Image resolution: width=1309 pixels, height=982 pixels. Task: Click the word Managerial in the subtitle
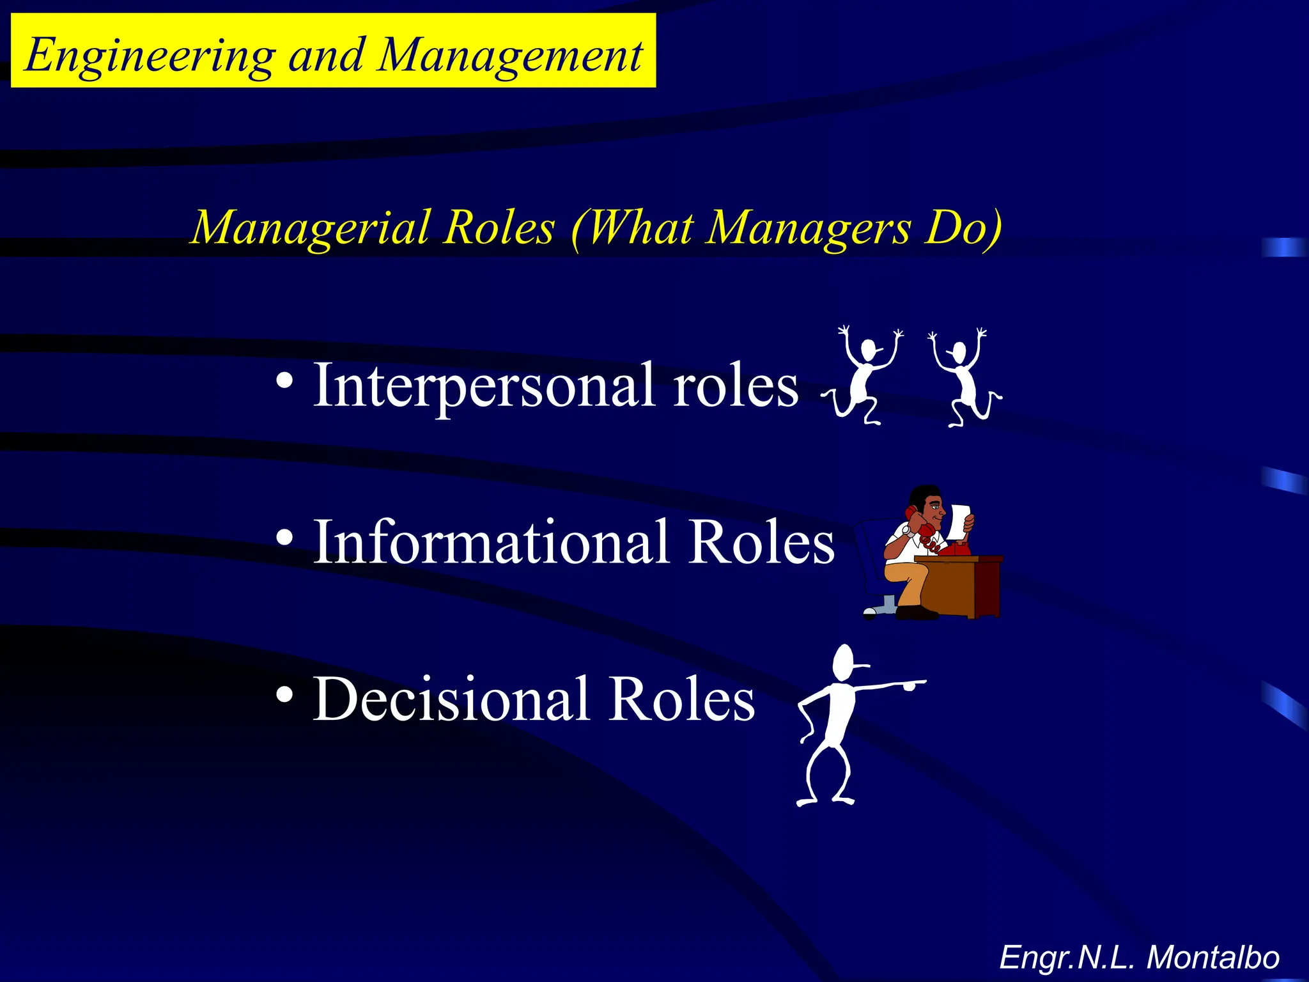(x=311, y=228)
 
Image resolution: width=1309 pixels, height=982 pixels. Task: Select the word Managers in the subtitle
(x=809, y=228)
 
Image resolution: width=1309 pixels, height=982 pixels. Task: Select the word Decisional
(x=451, y=699)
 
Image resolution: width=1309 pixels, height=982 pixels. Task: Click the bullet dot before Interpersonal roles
(x=285, y=382)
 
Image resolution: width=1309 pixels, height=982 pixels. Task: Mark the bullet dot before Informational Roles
(x=285, y=538)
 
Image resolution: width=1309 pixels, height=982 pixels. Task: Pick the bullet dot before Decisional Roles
(x=285, y=695)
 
